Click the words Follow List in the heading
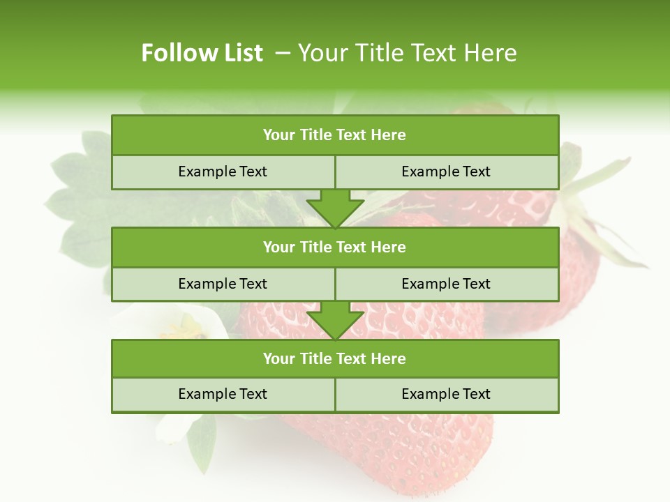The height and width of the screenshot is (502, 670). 202,53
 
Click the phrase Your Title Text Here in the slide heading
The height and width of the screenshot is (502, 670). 407,53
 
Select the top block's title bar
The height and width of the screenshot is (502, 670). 335,135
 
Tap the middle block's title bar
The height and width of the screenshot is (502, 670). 335,247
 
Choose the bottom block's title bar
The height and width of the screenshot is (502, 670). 335,358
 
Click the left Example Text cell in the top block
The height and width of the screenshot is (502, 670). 223,172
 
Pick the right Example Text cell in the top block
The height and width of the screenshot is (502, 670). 446,172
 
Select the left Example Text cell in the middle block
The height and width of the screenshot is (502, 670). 223,284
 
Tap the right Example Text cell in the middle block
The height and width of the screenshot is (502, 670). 446,284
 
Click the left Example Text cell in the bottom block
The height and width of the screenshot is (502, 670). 223,394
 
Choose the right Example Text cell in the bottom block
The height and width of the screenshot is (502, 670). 446,394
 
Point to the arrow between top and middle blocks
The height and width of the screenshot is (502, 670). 335,208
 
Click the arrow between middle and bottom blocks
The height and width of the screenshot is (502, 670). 335,320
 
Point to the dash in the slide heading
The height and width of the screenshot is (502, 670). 283,53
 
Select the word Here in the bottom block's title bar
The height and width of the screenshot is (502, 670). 388,358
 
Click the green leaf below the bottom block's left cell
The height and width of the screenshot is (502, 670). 202,439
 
